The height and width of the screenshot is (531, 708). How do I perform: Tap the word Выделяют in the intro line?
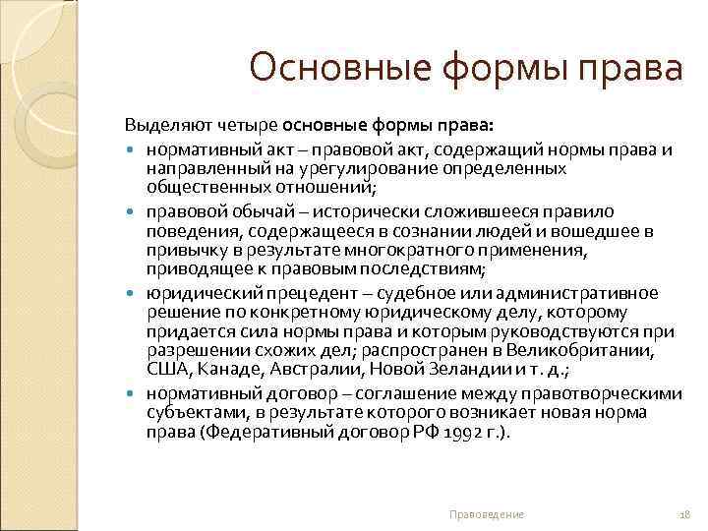tap(161, 126)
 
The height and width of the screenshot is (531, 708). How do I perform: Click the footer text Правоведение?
tap(486, 514)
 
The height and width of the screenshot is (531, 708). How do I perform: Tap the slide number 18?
tap(685, 514)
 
